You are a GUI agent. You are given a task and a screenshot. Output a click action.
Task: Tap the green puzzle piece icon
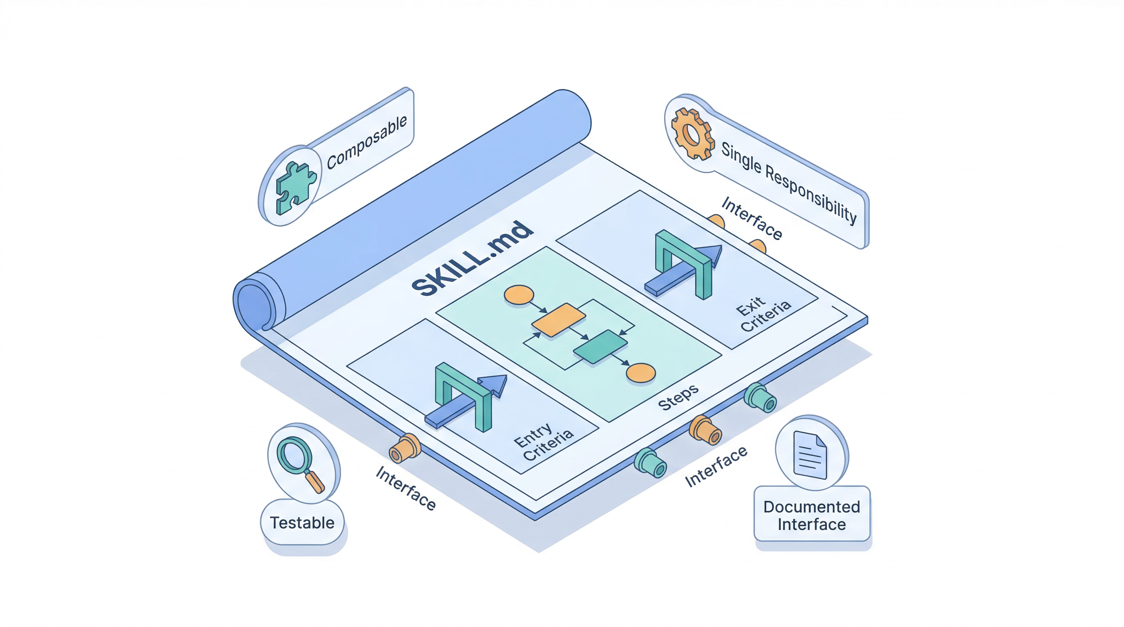[295, 187]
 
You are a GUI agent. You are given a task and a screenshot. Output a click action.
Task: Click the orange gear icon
[692, 133]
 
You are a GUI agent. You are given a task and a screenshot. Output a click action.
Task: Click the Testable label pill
[302, 522]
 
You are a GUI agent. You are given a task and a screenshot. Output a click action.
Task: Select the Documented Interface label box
[812, 515]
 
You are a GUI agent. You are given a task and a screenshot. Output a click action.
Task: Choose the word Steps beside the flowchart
[678, 397]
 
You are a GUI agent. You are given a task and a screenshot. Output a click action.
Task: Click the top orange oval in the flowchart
[519, 295]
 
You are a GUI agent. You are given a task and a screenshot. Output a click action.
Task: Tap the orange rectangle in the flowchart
[558, 320]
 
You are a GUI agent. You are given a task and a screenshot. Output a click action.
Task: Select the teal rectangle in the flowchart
[600, 346]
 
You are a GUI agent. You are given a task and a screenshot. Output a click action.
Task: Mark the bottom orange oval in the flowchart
[640, 373]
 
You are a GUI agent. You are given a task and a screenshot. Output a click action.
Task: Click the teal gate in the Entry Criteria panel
[464, 395]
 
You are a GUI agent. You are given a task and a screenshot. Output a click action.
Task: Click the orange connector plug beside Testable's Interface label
[404, 448]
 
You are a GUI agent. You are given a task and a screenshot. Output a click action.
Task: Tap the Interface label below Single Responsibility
[752, 218]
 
